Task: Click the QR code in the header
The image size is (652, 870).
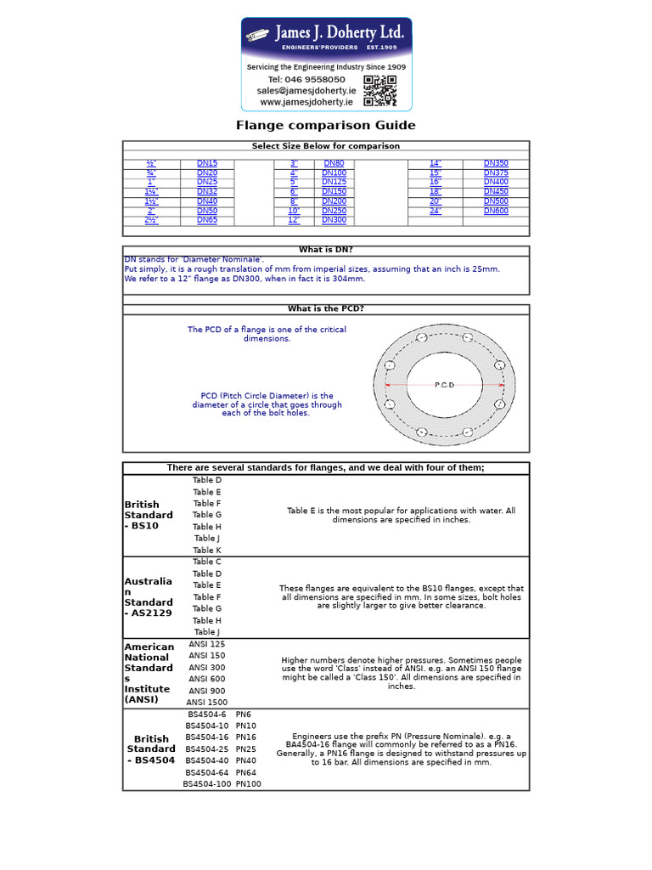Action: (379, 90)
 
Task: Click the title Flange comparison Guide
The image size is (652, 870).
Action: (326, 126)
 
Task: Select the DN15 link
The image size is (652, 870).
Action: (207, 163)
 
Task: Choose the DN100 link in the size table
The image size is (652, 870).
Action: (334, 172)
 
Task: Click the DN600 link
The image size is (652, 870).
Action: (496, 211)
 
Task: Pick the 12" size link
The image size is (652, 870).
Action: (294, 220)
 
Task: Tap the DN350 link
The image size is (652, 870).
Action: (496, 163)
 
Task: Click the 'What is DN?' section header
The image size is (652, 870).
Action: (326, 250)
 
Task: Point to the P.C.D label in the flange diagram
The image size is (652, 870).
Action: (445, 385)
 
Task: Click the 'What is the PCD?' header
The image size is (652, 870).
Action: (326, 309)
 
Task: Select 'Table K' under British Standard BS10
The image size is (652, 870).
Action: (207, 550)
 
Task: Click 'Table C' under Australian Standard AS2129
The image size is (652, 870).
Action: (207, 562)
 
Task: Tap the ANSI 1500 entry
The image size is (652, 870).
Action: (207, 702)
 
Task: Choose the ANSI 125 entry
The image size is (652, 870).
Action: (207, 644)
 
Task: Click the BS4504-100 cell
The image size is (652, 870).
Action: (207, 783)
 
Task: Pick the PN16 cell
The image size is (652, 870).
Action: (246, 737)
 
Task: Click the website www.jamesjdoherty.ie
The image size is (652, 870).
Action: (306, 102)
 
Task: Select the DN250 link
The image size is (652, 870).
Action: (334, 211)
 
